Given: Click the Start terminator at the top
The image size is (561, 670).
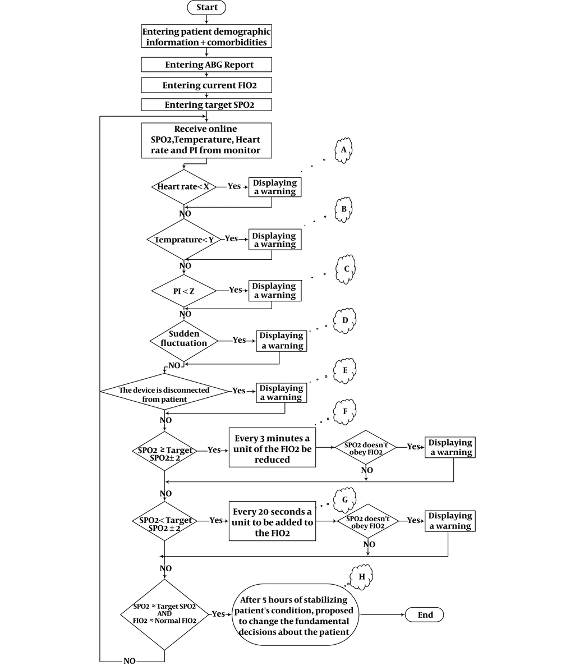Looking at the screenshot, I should [206, 7].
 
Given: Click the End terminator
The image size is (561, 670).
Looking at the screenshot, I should [425, 614].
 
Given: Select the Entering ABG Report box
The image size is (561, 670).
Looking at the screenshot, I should [206, 65].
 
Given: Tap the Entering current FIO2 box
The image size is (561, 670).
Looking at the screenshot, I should [206, 85].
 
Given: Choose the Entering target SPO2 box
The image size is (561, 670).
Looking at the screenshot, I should [206, 105].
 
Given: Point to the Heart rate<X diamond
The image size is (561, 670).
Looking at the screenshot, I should [183, 187].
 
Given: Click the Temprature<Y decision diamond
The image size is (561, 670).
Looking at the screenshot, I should [183, 240].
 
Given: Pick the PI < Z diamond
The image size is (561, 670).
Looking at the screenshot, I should [183, 291].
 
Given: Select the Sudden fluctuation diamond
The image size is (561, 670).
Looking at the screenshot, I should [183, 339].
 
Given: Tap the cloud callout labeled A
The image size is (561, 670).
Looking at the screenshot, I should [344, 150].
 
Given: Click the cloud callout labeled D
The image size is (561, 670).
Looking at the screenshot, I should [345, 320].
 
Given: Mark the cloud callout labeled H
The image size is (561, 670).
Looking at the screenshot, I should [361, 576].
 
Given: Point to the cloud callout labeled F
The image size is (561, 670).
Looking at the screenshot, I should [345, 411].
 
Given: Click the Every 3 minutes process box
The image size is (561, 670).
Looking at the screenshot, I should [272, 447].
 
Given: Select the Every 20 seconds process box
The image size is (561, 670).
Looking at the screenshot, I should [272, 521].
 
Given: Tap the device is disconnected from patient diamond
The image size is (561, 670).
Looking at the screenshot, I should [164, 391].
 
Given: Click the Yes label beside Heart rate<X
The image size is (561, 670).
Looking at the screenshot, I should [234, 186].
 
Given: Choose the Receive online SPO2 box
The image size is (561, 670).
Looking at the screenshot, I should [206, 140].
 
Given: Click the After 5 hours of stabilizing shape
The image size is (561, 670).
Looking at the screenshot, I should [296, 616].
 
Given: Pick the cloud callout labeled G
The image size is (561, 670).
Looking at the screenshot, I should [345, 499].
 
